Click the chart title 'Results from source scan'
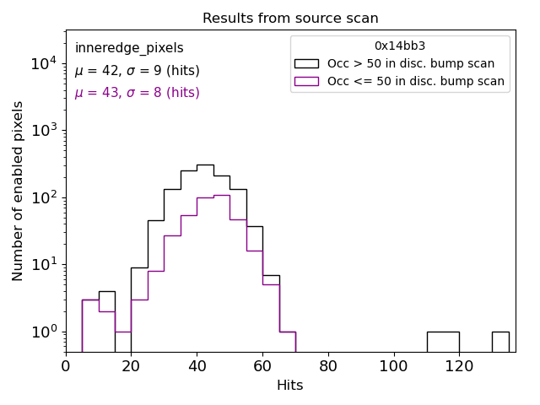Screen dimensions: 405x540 point(290,19)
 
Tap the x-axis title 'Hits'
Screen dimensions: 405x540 point(290,386)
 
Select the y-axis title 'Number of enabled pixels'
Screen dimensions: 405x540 point(19,191)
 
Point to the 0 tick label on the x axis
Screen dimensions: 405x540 point(66,366)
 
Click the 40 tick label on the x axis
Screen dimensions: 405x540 point(197,366)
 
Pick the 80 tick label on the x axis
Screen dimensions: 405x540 point(327,366)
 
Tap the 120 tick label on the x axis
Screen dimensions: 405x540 point(459,366)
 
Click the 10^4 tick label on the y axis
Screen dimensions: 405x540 point(44,63)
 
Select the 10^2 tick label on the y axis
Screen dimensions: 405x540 point(44,197)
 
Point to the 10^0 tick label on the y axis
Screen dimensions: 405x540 point(44,332)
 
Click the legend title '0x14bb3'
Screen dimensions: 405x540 point(400,46)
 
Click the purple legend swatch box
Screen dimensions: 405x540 point(306,81)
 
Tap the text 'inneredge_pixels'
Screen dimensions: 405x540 point(129,48)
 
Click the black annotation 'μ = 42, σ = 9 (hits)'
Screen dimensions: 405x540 point(137,71)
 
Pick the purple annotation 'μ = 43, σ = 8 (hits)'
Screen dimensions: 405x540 point(137,93)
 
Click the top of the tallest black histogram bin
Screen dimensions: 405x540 point(205,165)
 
